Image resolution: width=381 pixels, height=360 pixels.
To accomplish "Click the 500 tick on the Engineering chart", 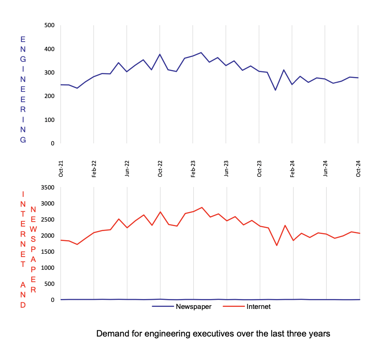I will pyautogui.click(x=49, y=26).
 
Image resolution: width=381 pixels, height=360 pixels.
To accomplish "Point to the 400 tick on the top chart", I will pyautogui.click(x=49, y=49).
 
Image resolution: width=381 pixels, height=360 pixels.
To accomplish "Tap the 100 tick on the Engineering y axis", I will pyautogui.click(x=49, y=120).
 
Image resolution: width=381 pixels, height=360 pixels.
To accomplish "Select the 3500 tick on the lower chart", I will pyautogui.click(x=46, y=187).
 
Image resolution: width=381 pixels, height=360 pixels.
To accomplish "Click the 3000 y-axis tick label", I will pyautogui.click(x=46, y=203).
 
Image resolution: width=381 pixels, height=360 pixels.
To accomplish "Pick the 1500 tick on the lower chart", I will pyautogui.click(x=46, y=252).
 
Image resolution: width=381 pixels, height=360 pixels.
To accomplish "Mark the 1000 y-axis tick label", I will pyautogui.click(x=46, y=268).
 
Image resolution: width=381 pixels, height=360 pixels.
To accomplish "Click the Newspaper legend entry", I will pyautogui.click(x=193, y=306).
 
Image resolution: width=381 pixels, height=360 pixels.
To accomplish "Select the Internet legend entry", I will pyautogui.click(x=258, y=306).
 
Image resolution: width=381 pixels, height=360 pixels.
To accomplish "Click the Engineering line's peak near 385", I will pyautogui.click(x=201, y=53).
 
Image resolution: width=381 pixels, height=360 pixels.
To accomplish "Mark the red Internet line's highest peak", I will pyautogui.click(x=202, y=208).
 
